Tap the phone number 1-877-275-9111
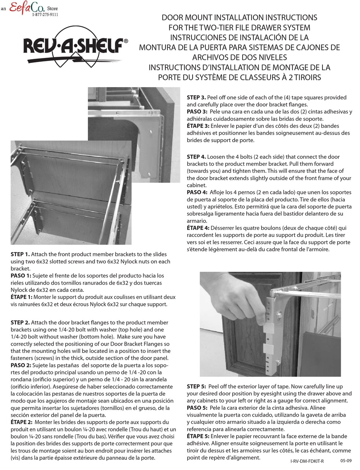pos(45,15)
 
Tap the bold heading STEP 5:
pos(197,386)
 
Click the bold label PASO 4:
pos(197,193)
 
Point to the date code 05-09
pos(346,461)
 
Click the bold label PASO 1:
pos(21,276)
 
